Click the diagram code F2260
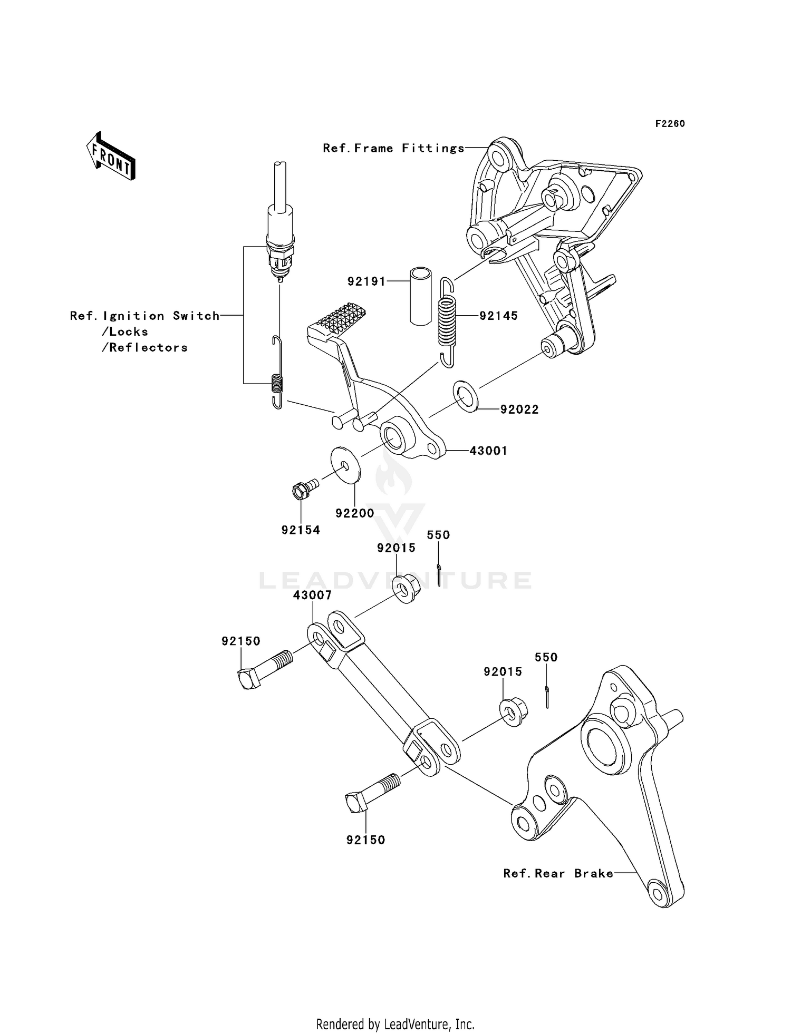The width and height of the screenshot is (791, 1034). coord(670,124)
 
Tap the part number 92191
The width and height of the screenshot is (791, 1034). coord(367,282)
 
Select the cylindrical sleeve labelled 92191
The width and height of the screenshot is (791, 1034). coord(421,297)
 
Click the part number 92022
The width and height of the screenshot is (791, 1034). coord(519,409)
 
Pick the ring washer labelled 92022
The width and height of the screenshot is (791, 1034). coord(465,395)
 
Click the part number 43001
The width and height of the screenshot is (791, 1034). coord(488,451)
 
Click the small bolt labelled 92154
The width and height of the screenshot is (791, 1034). coord(305,488)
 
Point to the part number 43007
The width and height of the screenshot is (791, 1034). coord(313,595)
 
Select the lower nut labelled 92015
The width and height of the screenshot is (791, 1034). coord(513,712)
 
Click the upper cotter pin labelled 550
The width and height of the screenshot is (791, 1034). coord(439,574)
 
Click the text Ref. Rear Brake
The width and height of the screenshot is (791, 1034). coord(558,874)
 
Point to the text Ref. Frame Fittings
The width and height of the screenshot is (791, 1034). coord(394,149)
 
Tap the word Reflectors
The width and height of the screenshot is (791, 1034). coord(148,348)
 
